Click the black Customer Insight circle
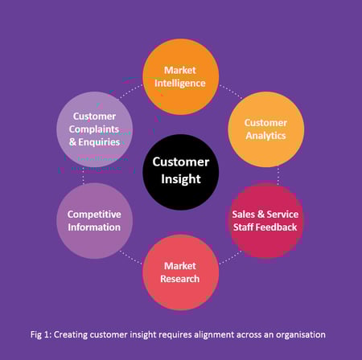tap(181, 171)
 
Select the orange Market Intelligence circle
tap(181, 76)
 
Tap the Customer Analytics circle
tap(266, 129)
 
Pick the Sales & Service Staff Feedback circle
tap(265, 220)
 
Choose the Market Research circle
tap(181, 272)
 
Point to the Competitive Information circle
tap(94, 220)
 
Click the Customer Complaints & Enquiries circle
tap(94, 129)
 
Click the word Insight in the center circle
tap(181, 179)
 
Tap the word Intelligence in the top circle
tap(181, 83)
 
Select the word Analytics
tap(266, 136)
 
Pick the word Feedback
tap(278, 227)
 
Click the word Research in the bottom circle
tap(181, 279)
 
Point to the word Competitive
tap(94, 214)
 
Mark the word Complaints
tap(94, 129)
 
